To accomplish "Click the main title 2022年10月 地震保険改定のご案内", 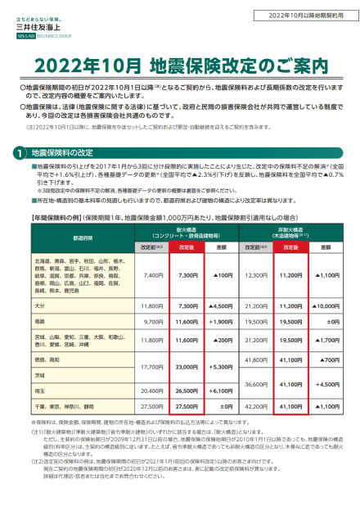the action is click(181, 64).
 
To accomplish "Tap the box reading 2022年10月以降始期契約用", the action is click(307, 16).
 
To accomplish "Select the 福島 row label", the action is click(38, 322).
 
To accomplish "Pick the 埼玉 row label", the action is click(38, 391).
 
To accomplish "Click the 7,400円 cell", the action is click(153, 276).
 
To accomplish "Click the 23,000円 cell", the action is click(185, 367).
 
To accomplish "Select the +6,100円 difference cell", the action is click(220, 391).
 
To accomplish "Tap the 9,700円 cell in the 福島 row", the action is click(153, 322).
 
